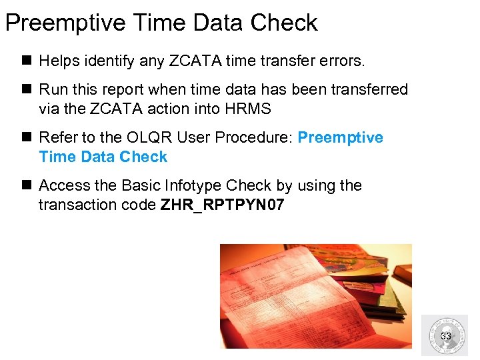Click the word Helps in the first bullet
[59, 61]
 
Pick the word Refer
[58, 137]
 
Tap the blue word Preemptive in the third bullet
[340, 137]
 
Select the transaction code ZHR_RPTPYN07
[223, 205]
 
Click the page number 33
[446, 336]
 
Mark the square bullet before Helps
[27, 61]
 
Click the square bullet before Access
[27, 185]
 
